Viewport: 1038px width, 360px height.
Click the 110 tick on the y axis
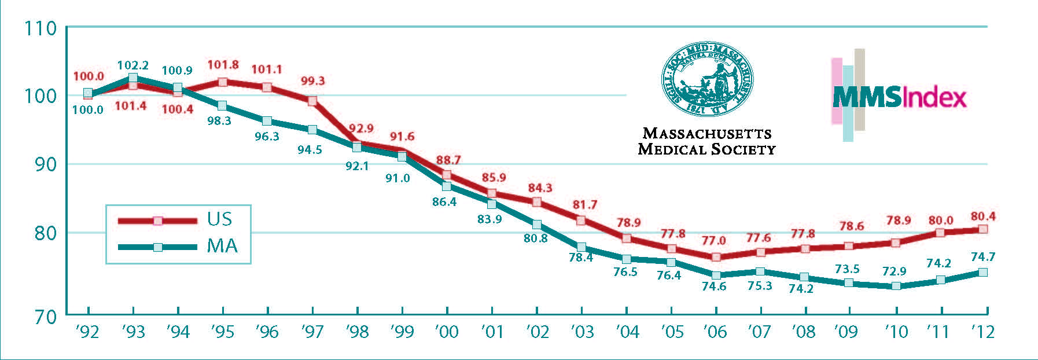click(x=40, y=28)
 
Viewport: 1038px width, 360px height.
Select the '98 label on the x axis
click(x=357, y=332)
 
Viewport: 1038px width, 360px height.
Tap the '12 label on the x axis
click(x=982, y=332)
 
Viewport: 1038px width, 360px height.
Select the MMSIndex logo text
click(x=899, y=97)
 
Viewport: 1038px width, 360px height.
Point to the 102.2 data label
click(x=132, y=65)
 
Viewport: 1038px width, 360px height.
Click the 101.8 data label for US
click(x=223, y=65)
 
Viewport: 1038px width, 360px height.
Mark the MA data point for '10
click(x=896, y=286)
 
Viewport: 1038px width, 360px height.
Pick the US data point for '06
click(x=716, y=257)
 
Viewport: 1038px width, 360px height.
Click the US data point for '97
click(x=312, y=101)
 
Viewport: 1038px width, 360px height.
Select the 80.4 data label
click(x=983, y=216)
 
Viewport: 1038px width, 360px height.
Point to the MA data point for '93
click(x=132, y=78)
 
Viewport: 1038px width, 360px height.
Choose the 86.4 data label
click(x=444, y=202)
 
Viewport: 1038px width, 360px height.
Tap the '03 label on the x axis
click(x=582, y=332)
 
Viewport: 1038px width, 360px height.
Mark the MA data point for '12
click(x=982, y=272)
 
